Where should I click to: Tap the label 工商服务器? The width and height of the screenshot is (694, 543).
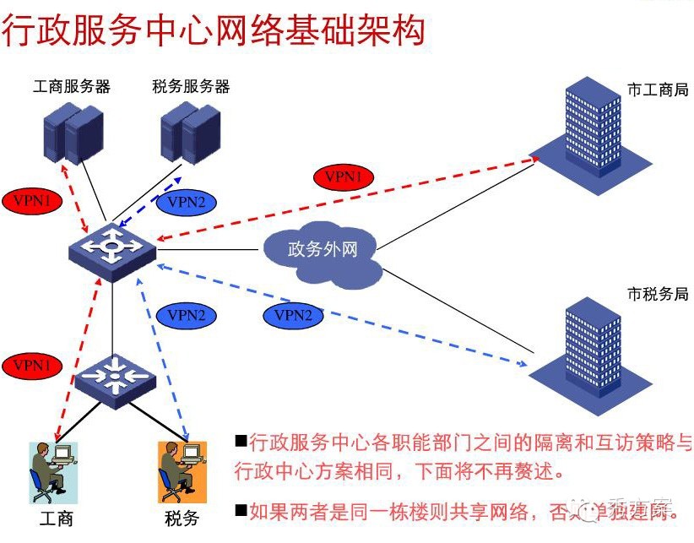coord(72,86)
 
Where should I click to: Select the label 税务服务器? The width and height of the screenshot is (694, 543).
coord(192,86)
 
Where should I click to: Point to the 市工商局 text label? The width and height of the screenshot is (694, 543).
coord(658,90)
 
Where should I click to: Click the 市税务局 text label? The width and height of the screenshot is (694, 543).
coord(658,294)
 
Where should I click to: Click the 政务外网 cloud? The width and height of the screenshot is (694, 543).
coord(323,251)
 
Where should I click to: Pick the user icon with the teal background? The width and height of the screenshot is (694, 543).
coord(53,472)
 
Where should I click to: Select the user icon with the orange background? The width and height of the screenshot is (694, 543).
coord(182,472)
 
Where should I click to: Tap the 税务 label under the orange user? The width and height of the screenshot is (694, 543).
coord(182,518)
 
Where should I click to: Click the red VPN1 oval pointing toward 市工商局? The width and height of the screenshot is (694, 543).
coord(344,176)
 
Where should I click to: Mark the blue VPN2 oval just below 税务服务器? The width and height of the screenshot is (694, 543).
coord(187,202)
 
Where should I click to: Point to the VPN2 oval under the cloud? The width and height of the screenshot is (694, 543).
coord(293,315)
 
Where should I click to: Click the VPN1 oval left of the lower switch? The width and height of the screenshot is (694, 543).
coord(32,366)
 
